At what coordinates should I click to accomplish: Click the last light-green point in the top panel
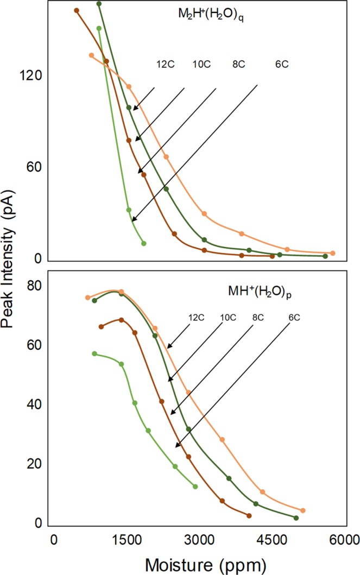143,243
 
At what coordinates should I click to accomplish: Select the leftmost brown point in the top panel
77,10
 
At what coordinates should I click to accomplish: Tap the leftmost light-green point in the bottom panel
94,353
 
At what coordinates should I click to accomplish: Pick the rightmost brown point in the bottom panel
249,515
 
